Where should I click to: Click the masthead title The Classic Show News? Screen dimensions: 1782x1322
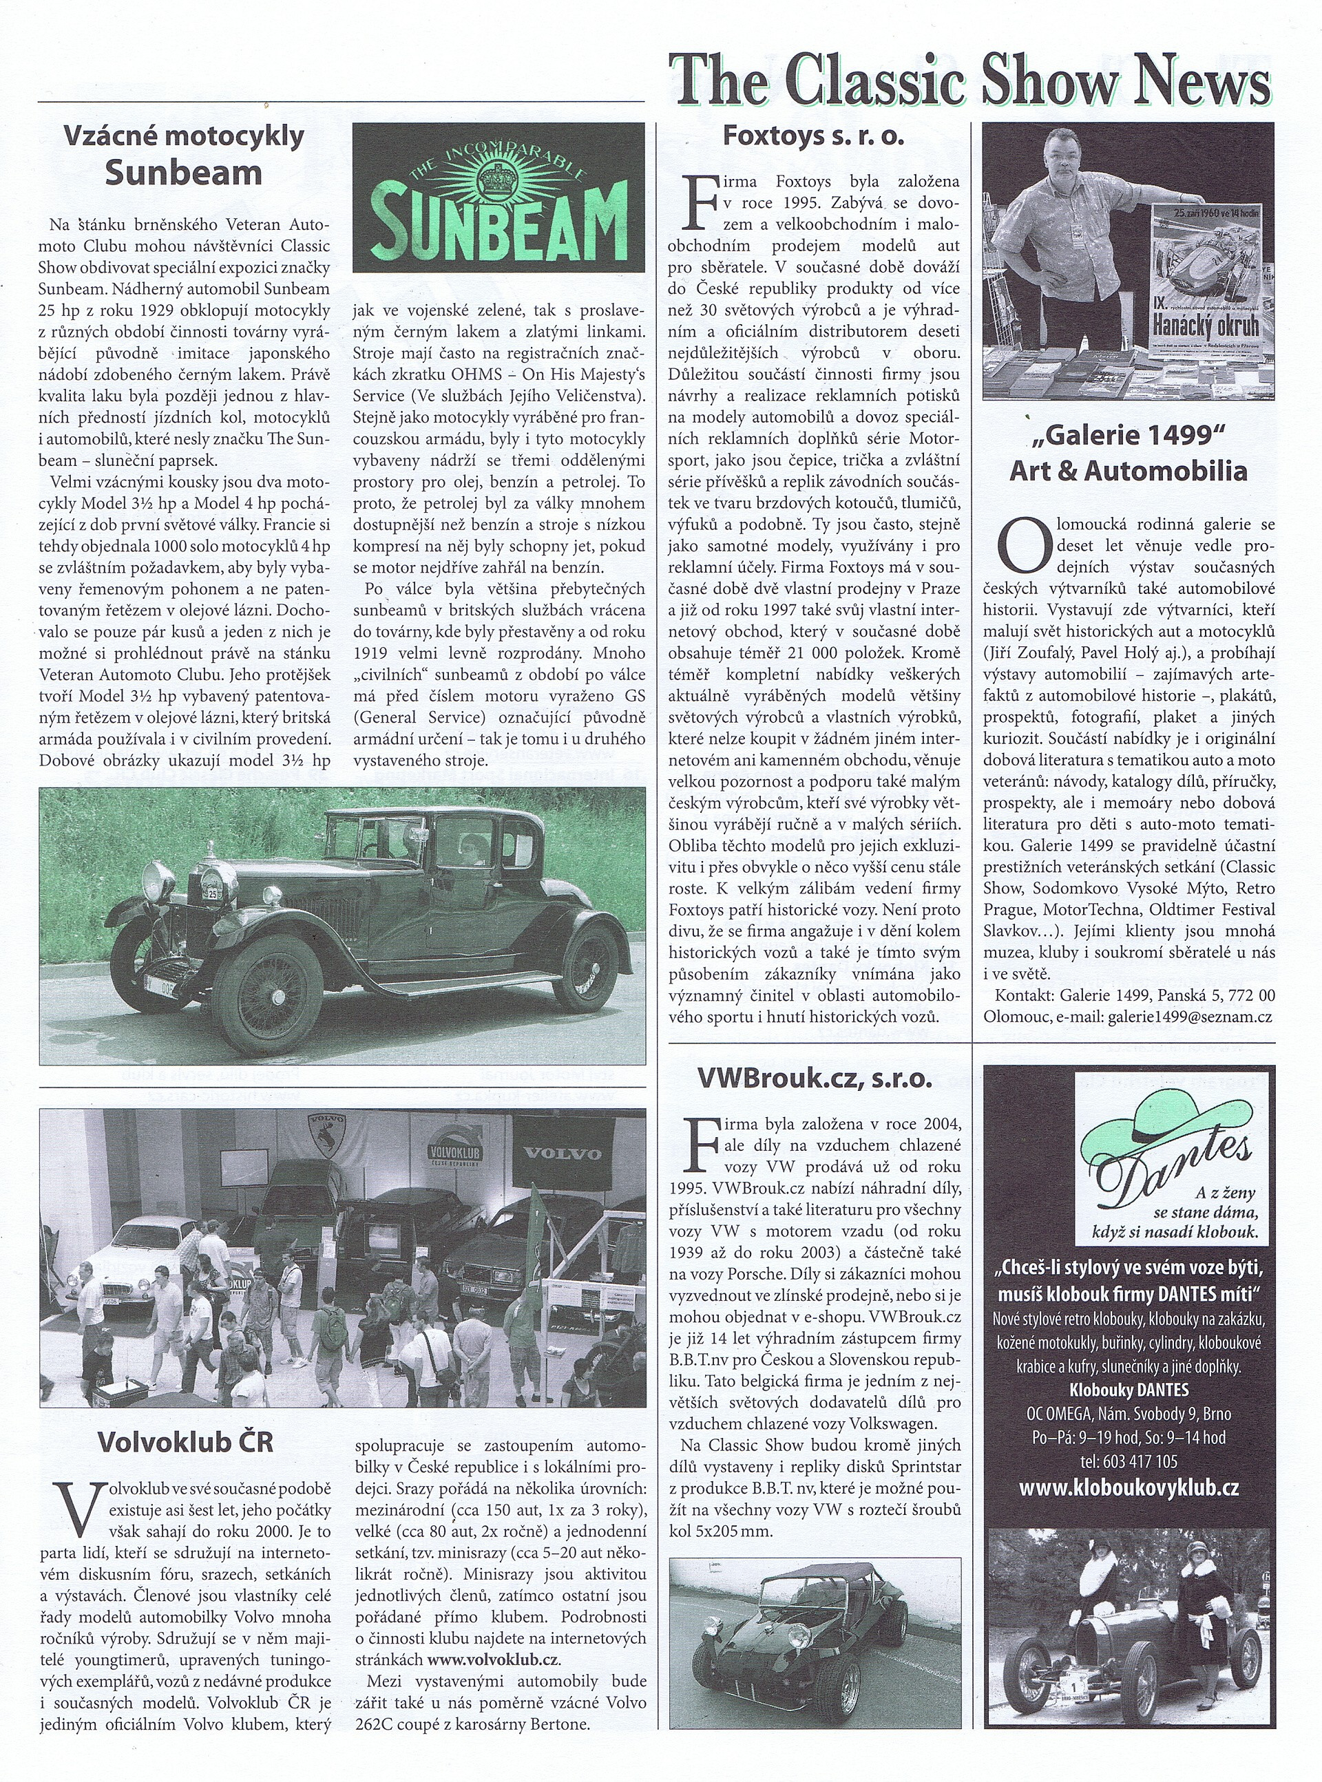(x=970, y=80)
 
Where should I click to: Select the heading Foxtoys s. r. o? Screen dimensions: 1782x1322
(x=813, y=136)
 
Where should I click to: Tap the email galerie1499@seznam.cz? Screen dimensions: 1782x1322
(x=1188, y=1017)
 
